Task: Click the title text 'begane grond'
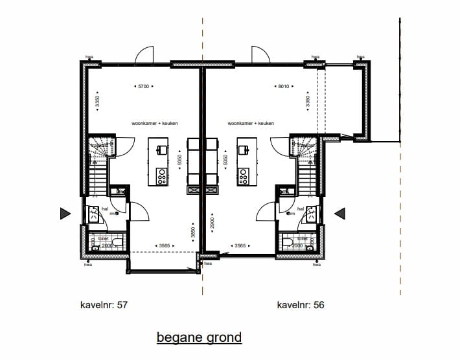(x=199, y=337)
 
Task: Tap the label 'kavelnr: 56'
(x=301, y=304)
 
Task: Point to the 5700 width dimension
(x=144, y=85)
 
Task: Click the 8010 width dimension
(x=282, y=85)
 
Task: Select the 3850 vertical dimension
(x=192, y=233)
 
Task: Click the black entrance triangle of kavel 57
(x=65, y=214)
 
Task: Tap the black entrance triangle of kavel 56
(x=339, y=213)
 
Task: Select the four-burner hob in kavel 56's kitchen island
(x=244, y=175)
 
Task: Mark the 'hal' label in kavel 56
(x=300, y=209)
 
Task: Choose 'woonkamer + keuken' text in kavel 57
(x=154, y=123)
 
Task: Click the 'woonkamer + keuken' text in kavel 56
(x=251, y=123)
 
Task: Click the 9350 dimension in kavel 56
(x=225, y=161)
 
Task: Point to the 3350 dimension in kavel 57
(x=97, y=102)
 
